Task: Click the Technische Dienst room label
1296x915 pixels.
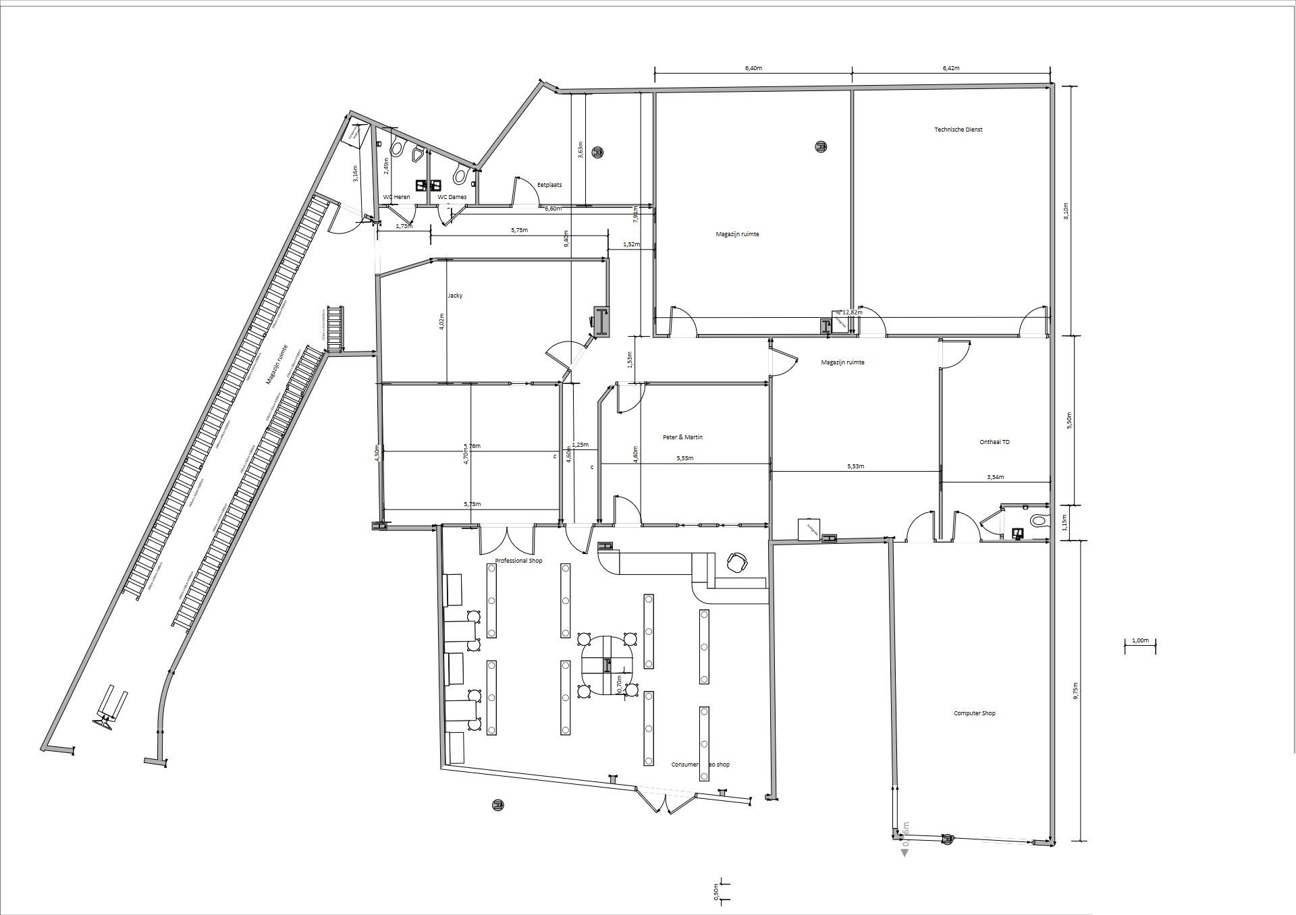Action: point(958,130)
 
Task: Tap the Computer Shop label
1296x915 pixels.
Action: point(974,713)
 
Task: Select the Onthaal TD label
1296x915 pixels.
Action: point(994,442)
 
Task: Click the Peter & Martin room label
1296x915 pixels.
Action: point(682,437)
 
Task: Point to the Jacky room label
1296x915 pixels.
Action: point(455,296)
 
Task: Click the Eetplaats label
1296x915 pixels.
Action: point(549,184)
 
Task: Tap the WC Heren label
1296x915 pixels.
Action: point(396,197)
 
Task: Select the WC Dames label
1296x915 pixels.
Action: point(452,197)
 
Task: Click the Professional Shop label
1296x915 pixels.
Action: point(518,561)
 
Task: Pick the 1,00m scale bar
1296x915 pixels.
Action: point(1140,641)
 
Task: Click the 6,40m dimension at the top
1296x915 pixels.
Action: point(753,68)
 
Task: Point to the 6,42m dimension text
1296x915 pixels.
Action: point(950,68)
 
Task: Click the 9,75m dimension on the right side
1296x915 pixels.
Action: point(1076,691)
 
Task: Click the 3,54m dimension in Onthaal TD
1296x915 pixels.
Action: point(995,477)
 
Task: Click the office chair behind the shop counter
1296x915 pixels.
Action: point(736,561)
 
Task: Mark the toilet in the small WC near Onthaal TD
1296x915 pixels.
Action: point(1038,521)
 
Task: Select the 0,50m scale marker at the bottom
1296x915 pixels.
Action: point(716,892)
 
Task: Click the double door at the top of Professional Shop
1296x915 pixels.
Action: point(506,540)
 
